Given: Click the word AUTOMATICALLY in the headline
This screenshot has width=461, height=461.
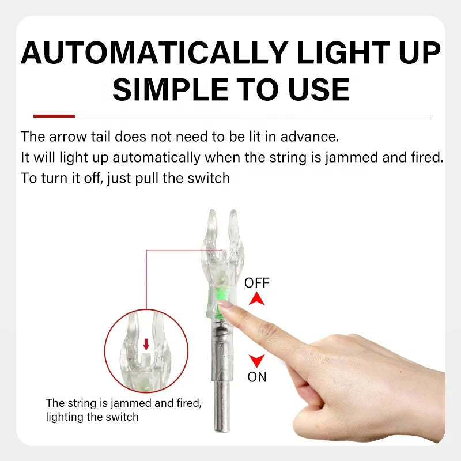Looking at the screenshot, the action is tap(154, 52).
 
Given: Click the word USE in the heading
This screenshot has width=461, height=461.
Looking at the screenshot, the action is tap(319, 90).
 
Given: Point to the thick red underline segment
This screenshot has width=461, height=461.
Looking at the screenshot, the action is tap(54, 116).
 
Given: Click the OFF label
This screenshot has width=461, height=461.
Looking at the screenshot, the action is tap(256, 283).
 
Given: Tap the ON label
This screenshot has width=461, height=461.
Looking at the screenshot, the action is tap(257, 377).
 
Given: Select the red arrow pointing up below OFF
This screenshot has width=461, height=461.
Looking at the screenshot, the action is tap(256, 298).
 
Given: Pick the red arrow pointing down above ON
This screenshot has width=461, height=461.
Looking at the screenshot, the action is tap(256, 361).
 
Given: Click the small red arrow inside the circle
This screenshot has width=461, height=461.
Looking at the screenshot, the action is tap(146, 344).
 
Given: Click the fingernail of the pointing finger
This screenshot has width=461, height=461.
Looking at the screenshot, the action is tap(224, 304).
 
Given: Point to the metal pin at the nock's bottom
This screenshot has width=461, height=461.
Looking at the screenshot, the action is tap(222, 407).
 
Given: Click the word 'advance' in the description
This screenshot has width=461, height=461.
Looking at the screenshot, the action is tap(309, 137).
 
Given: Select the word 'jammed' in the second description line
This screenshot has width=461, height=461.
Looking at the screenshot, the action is tap(352, 158).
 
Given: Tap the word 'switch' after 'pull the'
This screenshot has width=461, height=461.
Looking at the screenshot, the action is tap(209, 178).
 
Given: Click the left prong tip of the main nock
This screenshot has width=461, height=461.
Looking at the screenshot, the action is tap(211, 211).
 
